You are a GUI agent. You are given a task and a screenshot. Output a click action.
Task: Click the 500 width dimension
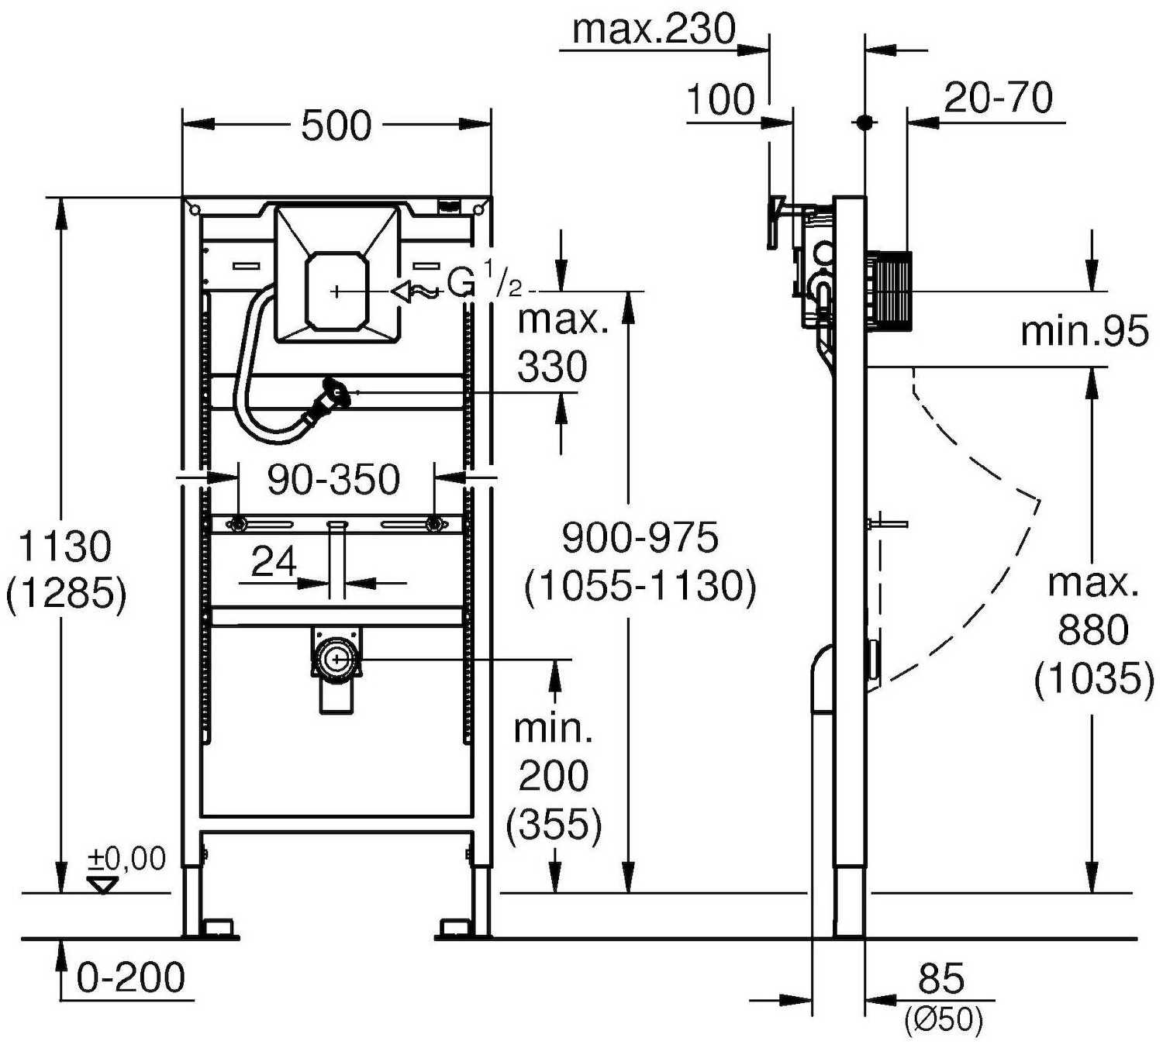point(336,126)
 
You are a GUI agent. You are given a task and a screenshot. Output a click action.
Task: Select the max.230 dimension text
point(653,29)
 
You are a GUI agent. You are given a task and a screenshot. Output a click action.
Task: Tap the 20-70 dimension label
point(998,98)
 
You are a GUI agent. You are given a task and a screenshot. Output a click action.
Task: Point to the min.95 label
point(1084,332)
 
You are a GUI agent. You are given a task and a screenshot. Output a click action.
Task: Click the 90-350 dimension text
point(333,480)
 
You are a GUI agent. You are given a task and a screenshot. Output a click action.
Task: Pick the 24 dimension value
point(274,561)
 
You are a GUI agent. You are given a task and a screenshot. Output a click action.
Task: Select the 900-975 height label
point(640,538)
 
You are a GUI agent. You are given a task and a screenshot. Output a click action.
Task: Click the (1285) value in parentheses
point(66,595)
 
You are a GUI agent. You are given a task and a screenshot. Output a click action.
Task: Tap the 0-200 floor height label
point(130,977)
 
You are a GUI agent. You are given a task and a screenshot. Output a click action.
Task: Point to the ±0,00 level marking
point(126,859)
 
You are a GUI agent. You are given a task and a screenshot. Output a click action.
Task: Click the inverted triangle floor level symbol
point(102,884)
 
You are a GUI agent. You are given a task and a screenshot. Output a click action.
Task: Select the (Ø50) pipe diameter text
point(943,1019)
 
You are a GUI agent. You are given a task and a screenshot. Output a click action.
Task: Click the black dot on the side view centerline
point(864,122)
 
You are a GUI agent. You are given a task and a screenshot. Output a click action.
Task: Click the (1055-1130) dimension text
point(640,586)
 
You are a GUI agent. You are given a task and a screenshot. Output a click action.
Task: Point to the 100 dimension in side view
point(720,100)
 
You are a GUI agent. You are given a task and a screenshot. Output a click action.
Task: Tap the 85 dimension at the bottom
point(941,979)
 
